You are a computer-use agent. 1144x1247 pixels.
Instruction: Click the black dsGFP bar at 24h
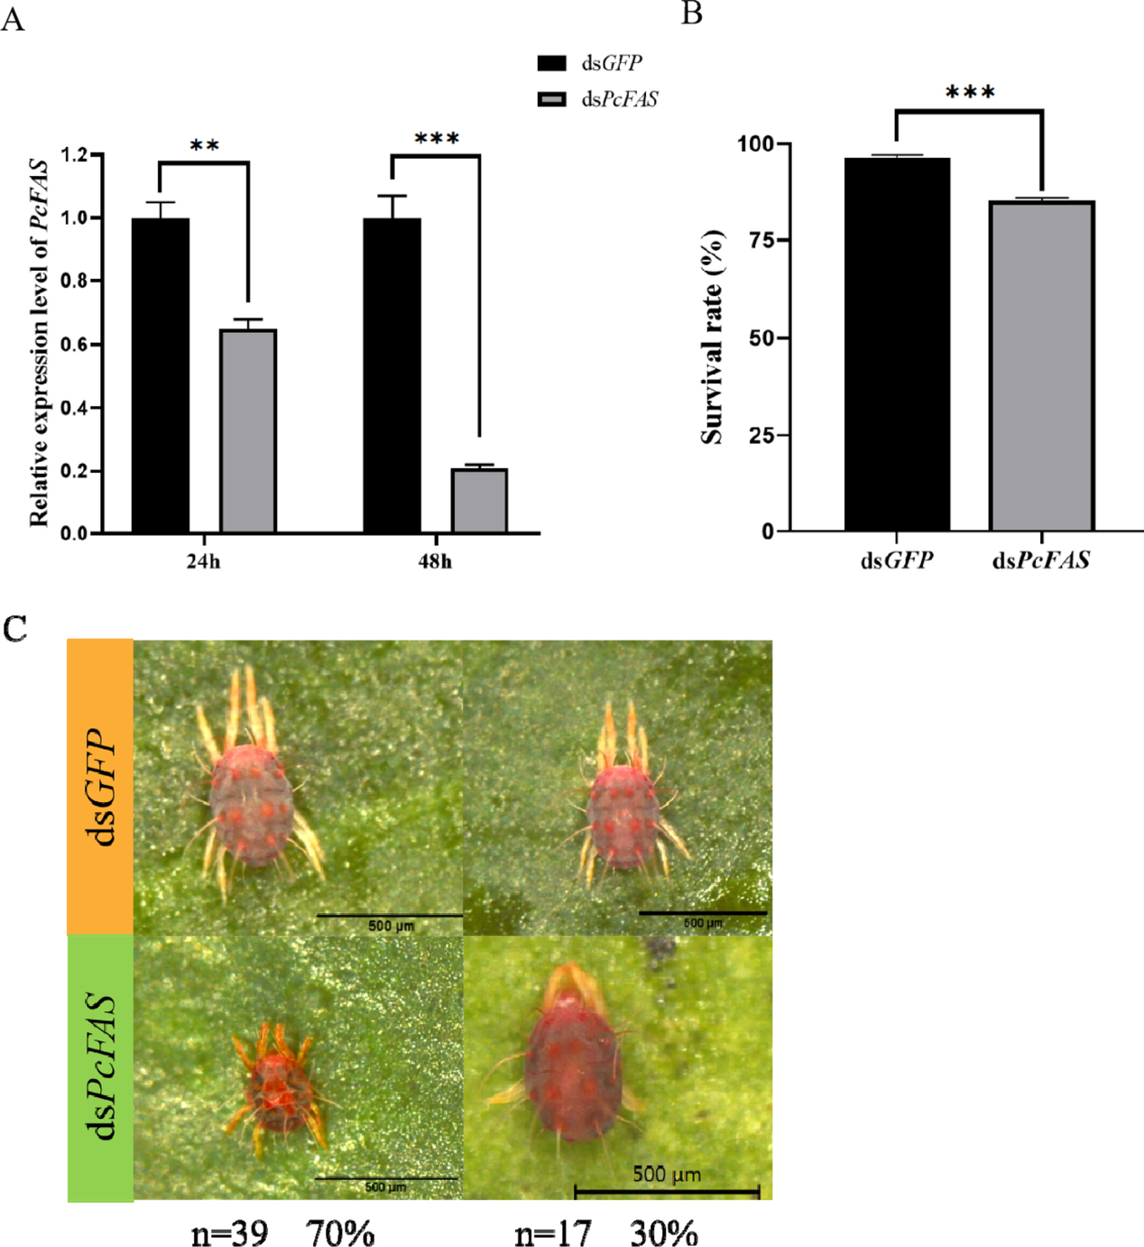coord(161,374)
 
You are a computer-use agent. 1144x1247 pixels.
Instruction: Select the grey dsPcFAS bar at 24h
coord(248,430)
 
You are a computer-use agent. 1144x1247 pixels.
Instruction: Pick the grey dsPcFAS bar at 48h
coord(479,500)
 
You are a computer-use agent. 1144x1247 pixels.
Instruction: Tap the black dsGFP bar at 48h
coord(392,374)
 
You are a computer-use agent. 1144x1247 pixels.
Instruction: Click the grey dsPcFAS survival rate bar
coord(1041,365)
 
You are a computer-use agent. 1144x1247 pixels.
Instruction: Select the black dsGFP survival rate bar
coord(897,344)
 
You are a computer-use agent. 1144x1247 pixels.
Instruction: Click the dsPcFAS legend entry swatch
coord(551,98)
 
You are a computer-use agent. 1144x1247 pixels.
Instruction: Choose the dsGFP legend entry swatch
coord(551,63)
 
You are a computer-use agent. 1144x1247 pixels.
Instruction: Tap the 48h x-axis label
coord(435,561)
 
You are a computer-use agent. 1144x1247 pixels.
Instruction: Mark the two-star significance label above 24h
coord(205,145)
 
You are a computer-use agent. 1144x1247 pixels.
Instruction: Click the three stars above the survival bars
coord(970,92)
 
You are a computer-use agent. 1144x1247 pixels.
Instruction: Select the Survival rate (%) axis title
coord(713,337)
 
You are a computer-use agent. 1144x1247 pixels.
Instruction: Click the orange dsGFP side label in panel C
coord(100,786)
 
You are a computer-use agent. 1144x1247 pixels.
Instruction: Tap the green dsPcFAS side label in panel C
coord(100,1067)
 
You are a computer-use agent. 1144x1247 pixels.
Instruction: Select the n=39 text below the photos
coord(229,1233)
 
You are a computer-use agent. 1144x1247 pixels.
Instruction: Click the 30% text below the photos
coord(663,1233)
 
